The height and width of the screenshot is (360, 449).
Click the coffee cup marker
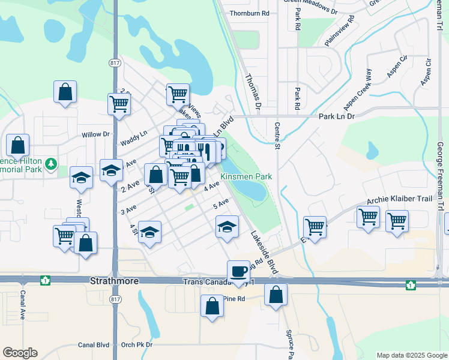(238, 271)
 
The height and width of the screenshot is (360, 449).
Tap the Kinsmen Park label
(246, 176)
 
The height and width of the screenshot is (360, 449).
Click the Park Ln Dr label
(337, 116)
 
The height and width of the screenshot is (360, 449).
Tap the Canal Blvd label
(94, 345)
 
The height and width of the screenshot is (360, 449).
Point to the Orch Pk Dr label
(137, 345)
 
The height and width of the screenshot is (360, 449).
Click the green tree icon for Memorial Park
(52, 163)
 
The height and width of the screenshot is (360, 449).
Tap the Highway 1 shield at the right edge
(410, 284)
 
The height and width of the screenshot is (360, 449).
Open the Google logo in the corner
(20, 353)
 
